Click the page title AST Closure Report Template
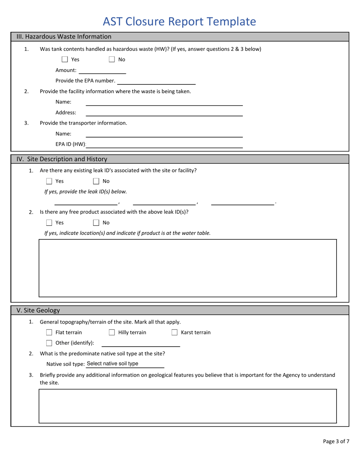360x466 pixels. pos(179,22)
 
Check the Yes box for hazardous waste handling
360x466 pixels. pos(65,59)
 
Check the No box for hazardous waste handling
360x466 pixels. pos(112,59)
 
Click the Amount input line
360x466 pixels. pos(102,70)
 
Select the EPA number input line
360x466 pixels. pos(157,81)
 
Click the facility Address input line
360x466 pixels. pos(164,113)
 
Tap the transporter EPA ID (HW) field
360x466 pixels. pos(167,144)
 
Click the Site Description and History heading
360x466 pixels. pos(62,159)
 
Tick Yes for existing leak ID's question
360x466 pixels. pos(49,181)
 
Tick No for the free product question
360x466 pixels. pos(96,223)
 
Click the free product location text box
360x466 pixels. pos(188,268)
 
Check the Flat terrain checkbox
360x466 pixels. pos(49,333)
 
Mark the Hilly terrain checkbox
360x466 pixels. pos(112,333)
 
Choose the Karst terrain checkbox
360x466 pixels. pos(174,333)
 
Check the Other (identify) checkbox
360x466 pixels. pos(49,343)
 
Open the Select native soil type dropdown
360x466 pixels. pos(125,364)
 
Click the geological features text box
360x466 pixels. pos(188,406)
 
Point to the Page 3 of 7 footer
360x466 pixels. pos(336,441)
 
